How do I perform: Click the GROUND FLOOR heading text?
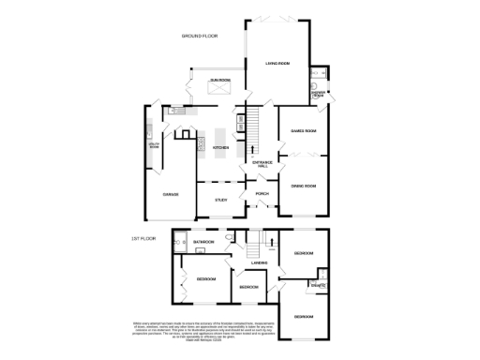pos(200,36)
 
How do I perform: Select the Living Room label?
pos(277,64)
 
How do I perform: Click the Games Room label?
pos(302,130)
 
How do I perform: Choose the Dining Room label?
pos(302,187)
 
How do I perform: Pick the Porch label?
pos(262,195)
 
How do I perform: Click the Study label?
pos(221,200)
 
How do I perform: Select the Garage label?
pos(171,194)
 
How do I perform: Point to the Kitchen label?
pos(221,147)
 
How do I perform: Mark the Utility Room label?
pos(154,146)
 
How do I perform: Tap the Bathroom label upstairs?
pos(203,242)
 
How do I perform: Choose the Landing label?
pos(260,262)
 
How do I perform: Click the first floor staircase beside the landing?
pos(251,247)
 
